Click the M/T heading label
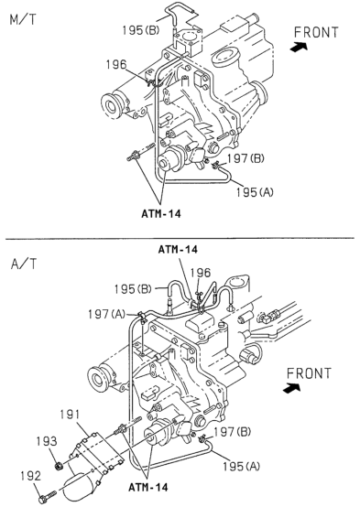(23, 20)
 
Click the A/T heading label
(24, 264)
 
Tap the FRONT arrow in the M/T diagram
(299, 48)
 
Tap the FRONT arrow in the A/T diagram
(291, 388)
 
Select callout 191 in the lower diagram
(70, 415)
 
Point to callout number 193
(47, 441)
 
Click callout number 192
(31, 476)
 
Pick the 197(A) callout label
(106, 314)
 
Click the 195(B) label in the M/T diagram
(140, 30)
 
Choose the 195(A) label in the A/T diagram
(241, 466)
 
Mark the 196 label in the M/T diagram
(116, 65)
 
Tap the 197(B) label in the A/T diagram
(232, 432)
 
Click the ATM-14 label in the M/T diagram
(161, 214)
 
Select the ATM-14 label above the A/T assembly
(178, 249)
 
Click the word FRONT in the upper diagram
(316, 32)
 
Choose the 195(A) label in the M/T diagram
(255, 192)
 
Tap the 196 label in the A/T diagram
(200, 273)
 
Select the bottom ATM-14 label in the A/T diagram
(148, 487)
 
